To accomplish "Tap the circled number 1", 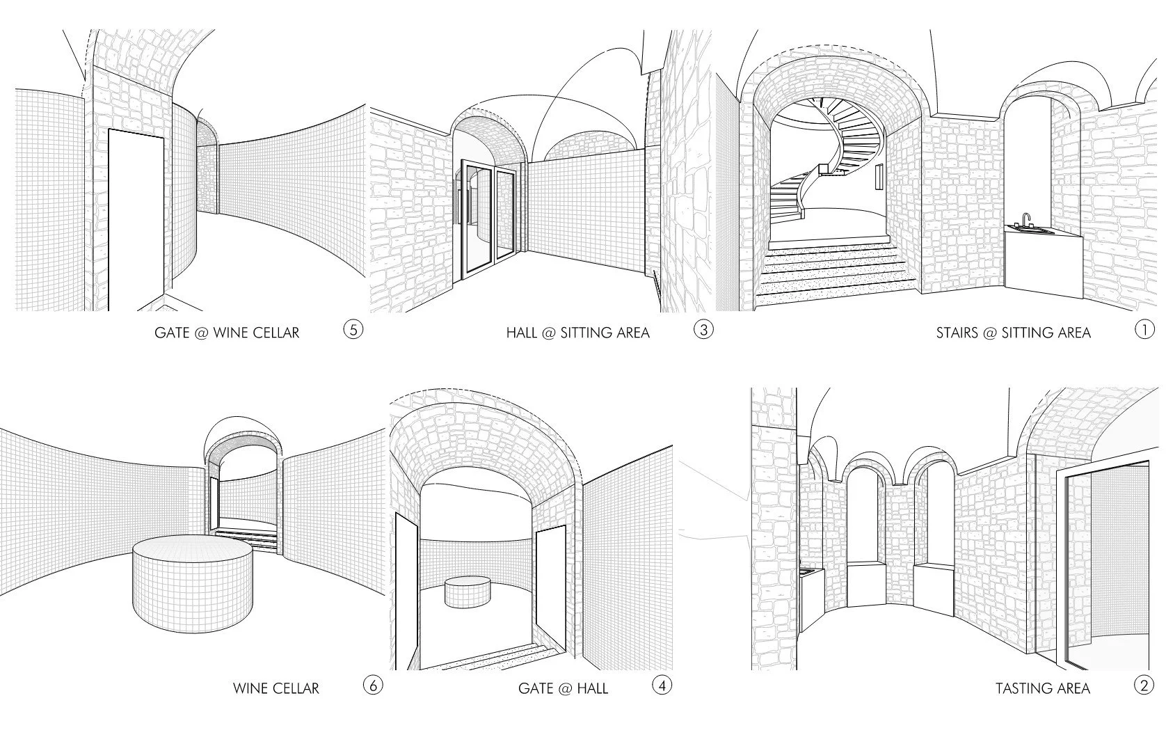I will click(1144, 329).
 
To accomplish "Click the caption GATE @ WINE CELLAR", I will click(227, 333).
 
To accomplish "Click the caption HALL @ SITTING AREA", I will click(577, 333).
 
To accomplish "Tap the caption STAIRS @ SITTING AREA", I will click(1013, 333).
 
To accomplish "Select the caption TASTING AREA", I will click(1042, 689).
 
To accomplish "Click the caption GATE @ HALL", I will click(563, 689).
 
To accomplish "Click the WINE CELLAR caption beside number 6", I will click(275, 689).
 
